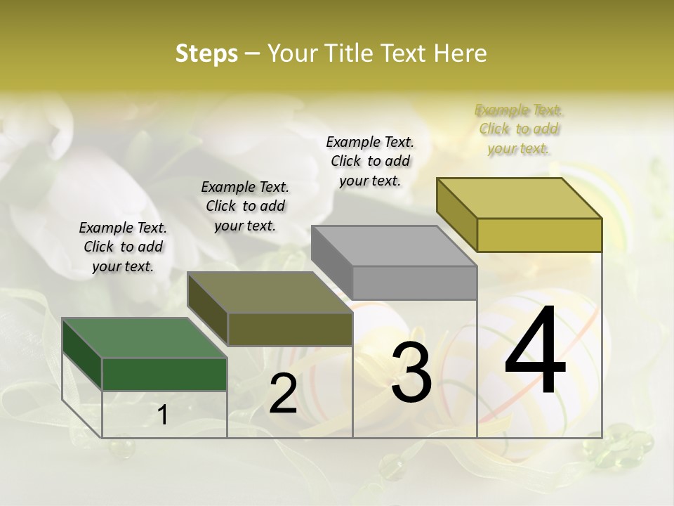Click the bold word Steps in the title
(x=206, y=53)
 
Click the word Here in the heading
(x=461, y=53)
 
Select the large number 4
(x=535, y=351)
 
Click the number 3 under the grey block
(x=411, y=372)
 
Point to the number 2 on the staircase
(x=283, y=394)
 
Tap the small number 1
(x=163, y=415)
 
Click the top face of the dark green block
(x=145, y=338)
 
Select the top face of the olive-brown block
(x=270, y=292)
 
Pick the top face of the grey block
(x=394, y=246)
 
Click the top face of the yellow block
(x=520, y=198)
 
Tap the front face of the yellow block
(x=539, y=235)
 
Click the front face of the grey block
(x=414, y=283)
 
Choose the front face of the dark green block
(x=164, y=374)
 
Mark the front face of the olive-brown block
(x=289, y=329)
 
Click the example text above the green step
(x=123, y=247)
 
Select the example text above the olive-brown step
(x=245, y=207)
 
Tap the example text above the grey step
(x=370, y=161)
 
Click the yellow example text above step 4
(x=519, y=129)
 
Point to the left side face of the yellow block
(x=457, y=214)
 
